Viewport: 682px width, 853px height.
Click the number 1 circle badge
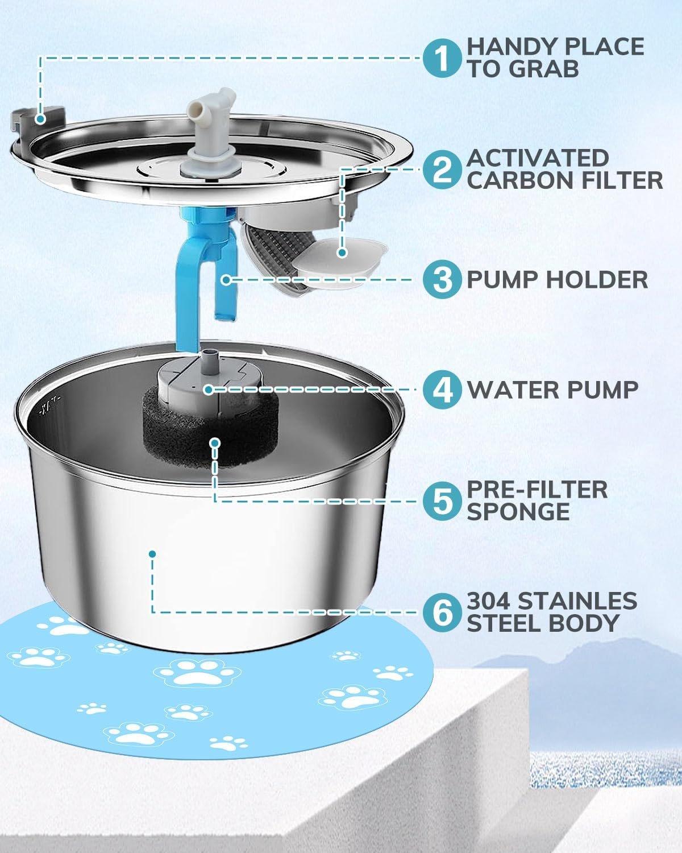[x=442, y=58]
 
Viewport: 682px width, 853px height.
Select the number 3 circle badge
[x=442, y=280]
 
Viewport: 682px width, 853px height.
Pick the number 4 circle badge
[x=442, y=390]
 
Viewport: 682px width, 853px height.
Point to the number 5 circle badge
[x=442, y=502]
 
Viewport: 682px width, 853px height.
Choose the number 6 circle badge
[x=442, y=613]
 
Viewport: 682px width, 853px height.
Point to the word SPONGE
[x=518, y=512]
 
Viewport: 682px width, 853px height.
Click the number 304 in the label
[x=488, y=602]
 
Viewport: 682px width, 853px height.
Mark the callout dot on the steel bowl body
[x=152, y=554]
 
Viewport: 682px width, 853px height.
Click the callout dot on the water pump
[x=208, y=390]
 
